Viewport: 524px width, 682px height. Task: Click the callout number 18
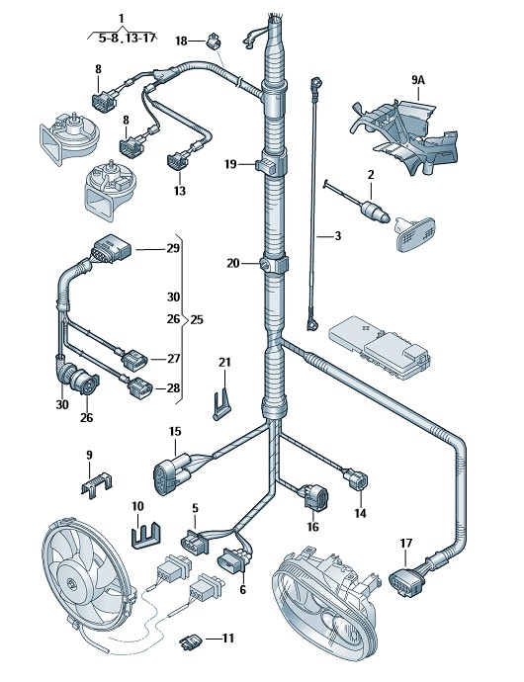(181, 41)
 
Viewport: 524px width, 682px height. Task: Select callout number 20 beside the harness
(233, 263)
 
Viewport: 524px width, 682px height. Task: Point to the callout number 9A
(418, 80)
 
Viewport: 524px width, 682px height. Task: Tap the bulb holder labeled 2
(375, 211)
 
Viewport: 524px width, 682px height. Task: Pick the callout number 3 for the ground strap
(338, 236)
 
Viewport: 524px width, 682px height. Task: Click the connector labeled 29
(111, 249)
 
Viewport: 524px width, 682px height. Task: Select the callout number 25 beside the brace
(197, 320)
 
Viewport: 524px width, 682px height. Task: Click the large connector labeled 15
(171, 473)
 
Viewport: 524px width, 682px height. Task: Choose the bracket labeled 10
(145, 536)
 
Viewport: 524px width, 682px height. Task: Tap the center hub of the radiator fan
(71, 582)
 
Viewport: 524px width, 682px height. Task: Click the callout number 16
(313, 526)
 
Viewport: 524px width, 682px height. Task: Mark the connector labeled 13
(178, 160)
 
